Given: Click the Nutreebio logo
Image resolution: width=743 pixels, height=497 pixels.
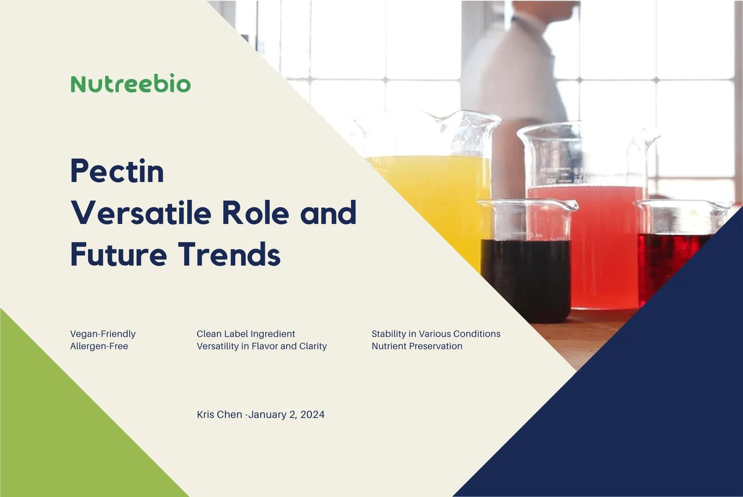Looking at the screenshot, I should [130, 84].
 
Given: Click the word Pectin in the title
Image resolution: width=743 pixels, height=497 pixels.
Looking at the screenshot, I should [117, 171].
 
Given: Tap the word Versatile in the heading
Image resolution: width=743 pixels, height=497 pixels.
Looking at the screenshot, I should [141, 213].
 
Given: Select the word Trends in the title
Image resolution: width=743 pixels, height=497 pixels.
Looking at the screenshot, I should [229, 255].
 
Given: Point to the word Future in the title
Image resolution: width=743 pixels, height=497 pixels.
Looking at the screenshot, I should [118, 255].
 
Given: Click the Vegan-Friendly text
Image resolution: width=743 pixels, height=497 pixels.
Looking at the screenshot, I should [103, 334].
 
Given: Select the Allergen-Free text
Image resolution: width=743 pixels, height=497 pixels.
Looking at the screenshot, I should [99, 346].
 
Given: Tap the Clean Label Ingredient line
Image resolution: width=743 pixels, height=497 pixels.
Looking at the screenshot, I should [246, 334].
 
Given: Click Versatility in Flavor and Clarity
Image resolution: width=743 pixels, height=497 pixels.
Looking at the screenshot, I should [261, 346].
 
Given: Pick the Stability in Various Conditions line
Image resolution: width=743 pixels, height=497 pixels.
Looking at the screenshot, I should [436, 334].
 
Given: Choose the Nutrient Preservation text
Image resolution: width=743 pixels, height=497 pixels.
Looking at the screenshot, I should [417, 346].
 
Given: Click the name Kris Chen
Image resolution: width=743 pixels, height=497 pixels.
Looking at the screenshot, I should [219, 414].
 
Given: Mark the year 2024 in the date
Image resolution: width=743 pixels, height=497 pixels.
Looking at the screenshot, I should [312, 414].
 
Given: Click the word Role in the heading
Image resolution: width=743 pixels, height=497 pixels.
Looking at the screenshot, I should [255, 213].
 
